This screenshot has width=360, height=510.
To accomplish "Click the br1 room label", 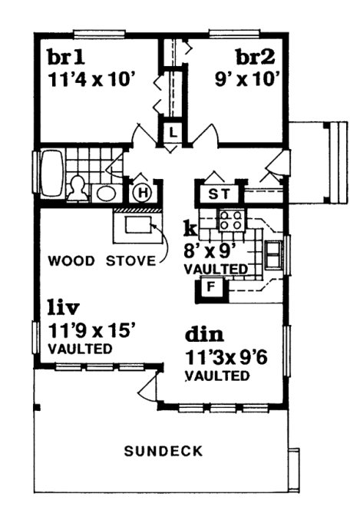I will pyautogui.click(x=65, y=58).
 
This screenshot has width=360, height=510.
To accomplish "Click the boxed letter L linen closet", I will pyautogui.click(x=173, y=132).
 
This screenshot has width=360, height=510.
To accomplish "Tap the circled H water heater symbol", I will pyautogui.click(x=142, y=193).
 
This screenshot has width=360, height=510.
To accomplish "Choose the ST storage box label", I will pyautogui.click(x=220, y=193).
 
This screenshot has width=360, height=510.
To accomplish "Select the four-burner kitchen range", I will pyautogui.click(x=231, y=221).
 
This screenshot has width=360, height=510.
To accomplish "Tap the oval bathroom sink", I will pyautogui.click(x=105, y=192).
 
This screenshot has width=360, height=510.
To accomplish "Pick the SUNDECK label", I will pyautogui.click(x=163, y=452).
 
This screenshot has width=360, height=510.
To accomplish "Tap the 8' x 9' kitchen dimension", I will pyautogui.click(x=214, y=250).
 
